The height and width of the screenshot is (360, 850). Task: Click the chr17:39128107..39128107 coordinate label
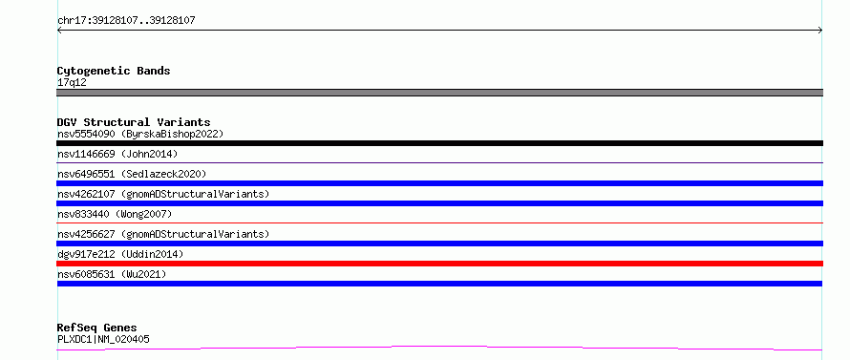[126, 21]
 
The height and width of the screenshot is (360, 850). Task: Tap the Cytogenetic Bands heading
[114, 71]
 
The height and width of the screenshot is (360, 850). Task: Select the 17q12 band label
[72, 83]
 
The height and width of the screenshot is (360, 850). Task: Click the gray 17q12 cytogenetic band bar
[439, 93]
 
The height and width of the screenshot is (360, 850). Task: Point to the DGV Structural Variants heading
[134, 122]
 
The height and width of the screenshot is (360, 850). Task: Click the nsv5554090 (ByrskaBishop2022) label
[140, 134]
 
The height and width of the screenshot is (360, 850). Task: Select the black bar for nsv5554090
[439, 143]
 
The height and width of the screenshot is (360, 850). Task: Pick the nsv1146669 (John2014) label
[117, 154]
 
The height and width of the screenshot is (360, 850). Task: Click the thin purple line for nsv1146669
[439, 162]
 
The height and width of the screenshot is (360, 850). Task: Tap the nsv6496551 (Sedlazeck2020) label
[132, 174]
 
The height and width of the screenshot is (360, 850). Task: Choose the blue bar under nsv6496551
[439, 183]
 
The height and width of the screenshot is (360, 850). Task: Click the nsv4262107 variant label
[163, 194]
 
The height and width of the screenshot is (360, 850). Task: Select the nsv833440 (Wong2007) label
[115, 214]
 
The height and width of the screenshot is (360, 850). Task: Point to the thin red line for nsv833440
[439, 222]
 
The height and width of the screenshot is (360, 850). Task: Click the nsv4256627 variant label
[163, 234]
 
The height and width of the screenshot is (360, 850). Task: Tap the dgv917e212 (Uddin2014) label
[120, 254]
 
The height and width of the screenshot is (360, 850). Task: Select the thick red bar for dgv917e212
[439, 264]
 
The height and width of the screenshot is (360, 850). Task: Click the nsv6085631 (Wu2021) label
[112, 274]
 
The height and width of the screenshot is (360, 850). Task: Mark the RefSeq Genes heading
[97, 328]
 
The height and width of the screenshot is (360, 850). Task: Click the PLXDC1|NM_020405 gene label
[103, 340]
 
